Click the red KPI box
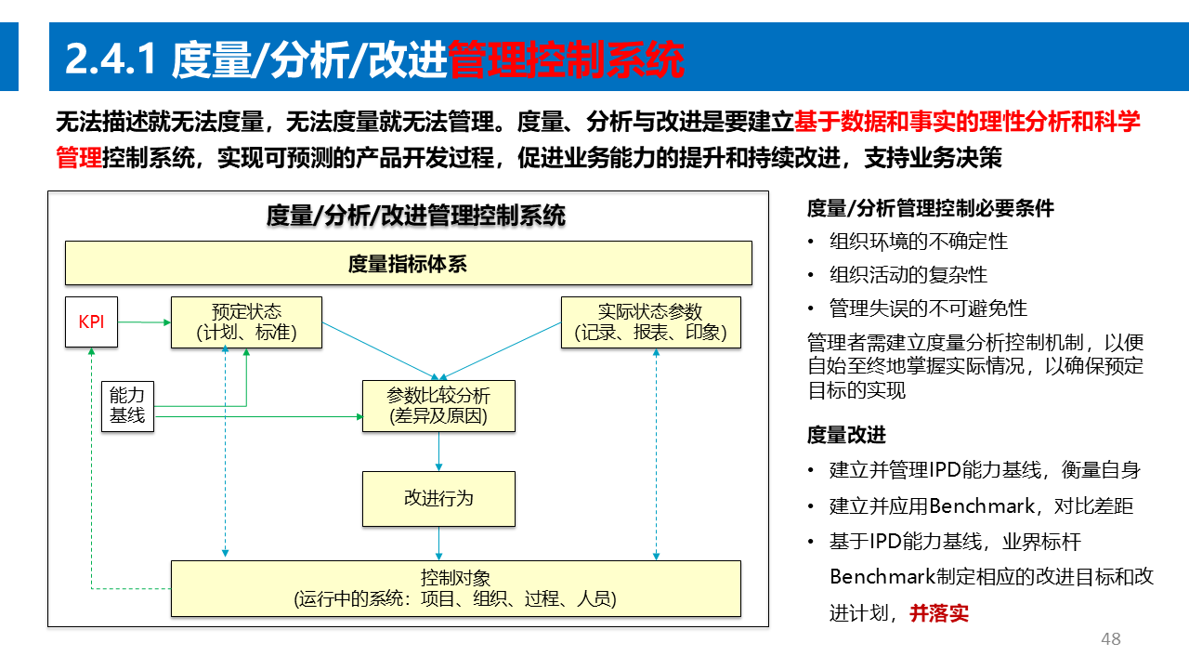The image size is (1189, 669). pos(91,322)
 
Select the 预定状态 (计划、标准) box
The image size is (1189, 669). pos(246,322)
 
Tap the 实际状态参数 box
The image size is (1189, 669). pos(650,322)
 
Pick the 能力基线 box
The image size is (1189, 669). pos(127,406)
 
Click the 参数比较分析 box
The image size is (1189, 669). pos(438,406)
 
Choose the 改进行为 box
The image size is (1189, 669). pos(438,499)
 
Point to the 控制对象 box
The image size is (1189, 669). pos(455,588)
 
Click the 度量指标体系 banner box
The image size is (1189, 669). pos(408,263)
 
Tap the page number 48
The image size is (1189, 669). pos(1110,639)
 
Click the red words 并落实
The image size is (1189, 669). pos(939,613)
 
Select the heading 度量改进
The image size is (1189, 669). pos(846,435)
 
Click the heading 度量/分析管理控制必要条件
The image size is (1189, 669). pos(931,208)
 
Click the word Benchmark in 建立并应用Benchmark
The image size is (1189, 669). pos(982,506)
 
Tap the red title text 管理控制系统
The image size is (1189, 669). pos(566,60)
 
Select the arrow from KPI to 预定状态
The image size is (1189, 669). pos(145,322)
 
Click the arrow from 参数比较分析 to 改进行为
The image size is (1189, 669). pos(438,452)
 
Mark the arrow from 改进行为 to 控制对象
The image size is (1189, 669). pos(438,544)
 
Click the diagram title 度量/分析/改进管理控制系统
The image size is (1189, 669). pos(415,216)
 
